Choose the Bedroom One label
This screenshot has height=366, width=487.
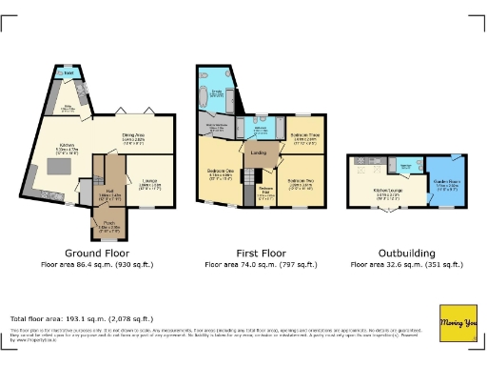pos(221,174)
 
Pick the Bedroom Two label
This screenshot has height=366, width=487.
pos(302,181)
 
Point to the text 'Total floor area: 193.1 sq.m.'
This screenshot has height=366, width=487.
pos(81,318)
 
